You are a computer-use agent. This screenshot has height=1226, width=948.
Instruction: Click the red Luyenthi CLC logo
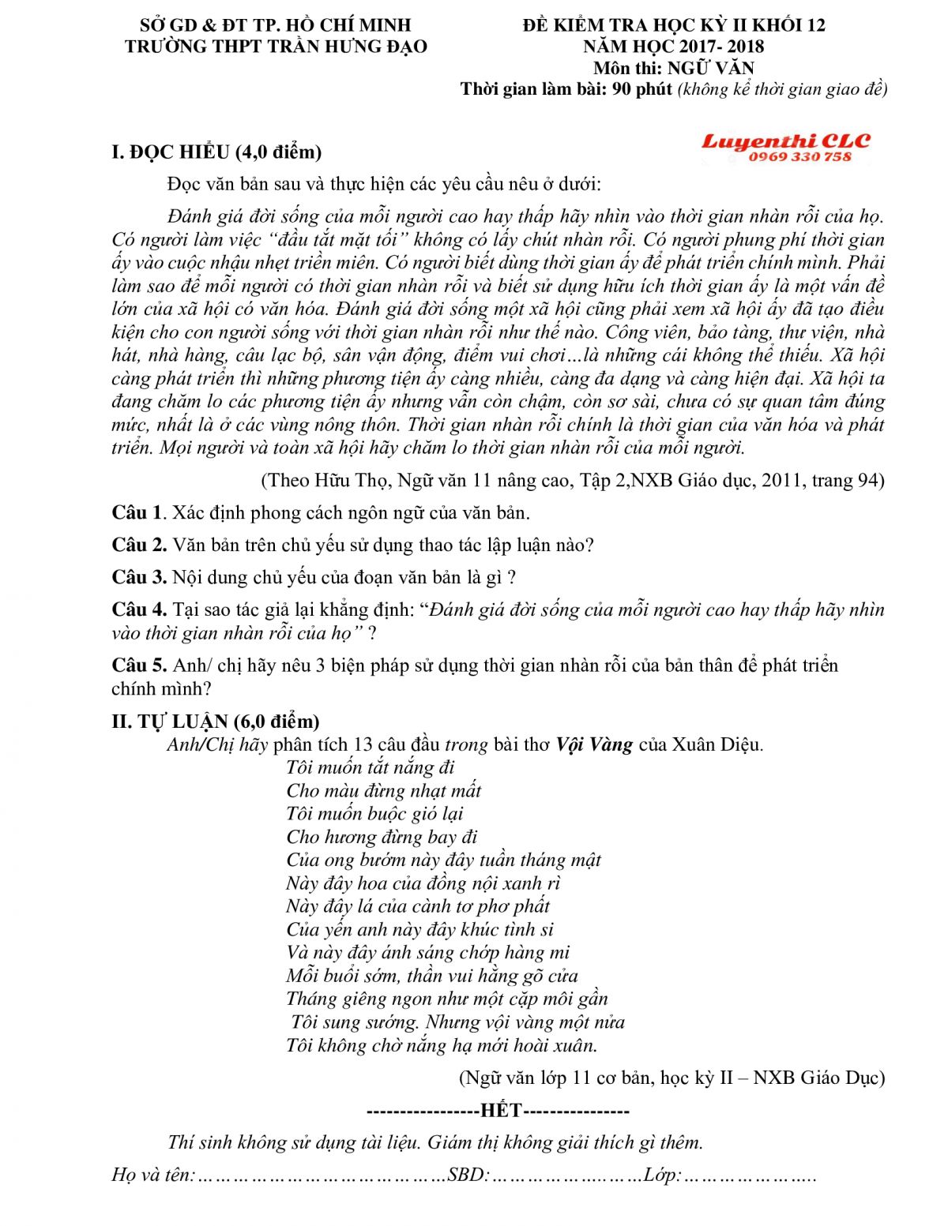pos(785,141)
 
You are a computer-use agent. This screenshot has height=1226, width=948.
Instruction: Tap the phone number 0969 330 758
pos(799,157)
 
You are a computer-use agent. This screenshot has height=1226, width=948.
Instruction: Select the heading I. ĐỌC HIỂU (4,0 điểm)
pos(216,152)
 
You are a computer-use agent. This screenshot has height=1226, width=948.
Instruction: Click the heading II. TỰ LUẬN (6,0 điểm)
pos(216,721)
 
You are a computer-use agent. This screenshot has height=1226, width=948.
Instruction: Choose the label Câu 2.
pos(139,546)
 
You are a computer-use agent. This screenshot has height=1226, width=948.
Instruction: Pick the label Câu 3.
pos(139,578)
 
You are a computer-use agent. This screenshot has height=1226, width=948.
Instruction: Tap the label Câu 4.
pos(139,610)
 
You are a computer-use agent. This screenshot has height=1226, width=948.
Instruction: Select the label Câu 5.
pos(139,665)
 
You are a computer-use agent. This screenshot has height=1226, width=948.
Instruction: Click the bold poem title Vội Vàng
pos(594,744)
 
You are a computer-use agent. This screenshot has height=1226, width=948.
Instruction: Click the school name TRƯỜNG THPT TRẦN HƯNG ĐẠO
pos(276,47)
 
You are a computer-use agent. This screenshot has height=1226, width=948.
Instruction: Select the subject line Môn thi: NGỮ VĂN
pos(673,68)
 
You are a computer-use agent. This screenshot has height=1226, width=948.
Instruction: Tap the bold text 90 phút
pos(642,88)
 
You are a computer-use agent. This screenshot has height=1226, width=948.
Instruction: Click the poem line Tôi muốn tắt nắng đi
pos(370,767)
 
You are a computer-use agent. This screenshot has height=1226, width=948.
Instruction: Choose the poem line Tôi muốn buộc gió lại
pos(374,814)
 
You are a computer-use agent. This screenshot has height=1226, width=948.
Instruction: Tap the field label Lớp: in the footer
pos(662,1175)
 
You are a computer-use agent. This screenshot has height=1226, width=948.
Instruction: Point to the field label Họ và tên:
pos(153,1175)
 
